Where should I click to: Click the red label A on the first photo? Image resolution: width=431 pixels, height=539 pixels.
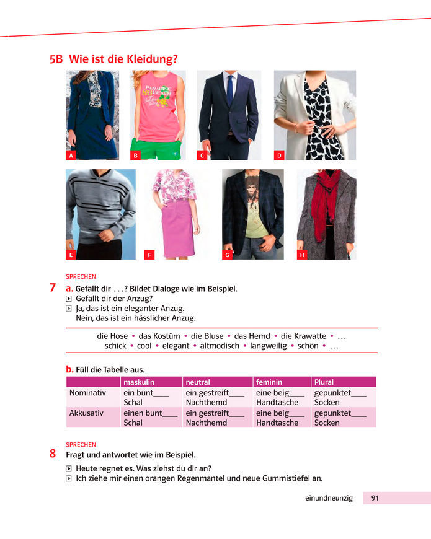pyautogui.click(x=71, y=156)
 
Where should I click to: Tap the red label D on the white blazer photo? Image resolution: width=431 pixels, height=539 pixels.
pyautogui.click(x=279, y=156)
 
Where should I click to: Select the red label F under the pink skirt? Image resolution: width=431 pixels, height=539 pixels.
pyautogui.click(x=149, y=255)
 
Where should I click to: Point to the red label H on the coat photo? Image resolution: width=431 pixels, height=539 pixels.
pyautogui.click(x=302, y=255)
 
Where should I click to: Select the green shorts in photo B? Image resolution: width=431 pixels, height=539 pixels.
pyautogui.click(x=160, y=151)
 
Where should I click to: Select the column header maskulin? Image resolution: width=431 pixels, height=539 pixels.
pyautogui.click(x=138, y=382)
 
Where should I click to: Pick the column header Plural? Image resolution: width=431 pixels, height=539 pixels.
pyautogui.click(x=324, y=382)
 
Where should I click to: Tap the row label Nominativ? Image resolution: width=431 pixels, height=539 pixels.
pyautogui.click(x=88, y=392)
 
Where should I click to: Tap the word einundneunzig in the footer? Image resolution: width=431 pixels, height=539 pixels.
pyautogui.click(x=329, y=498)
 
